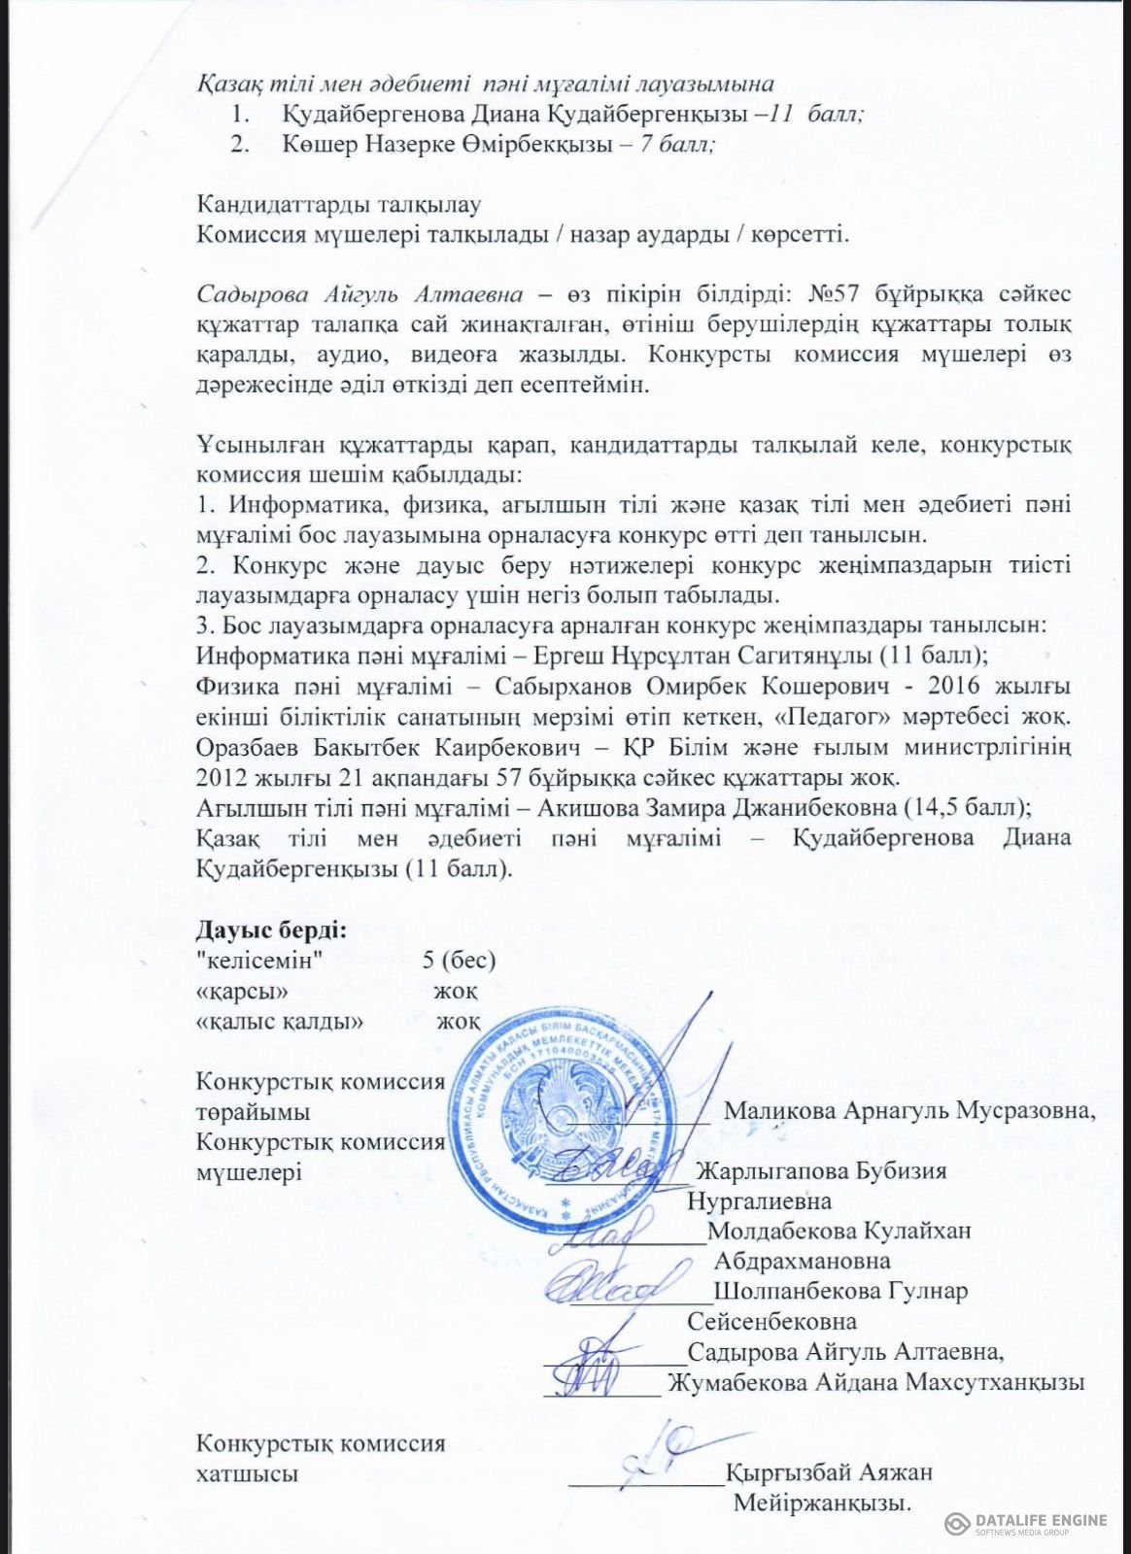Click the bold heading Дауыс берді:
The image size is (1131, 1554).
pos(271,929)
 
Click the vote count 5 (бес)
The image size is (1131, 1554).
pos(460,961)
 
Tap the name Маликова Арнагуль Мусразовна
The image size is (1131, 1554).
pos(909,1110)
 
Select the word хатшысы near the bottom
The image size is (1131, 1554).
pos(247,1472)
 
